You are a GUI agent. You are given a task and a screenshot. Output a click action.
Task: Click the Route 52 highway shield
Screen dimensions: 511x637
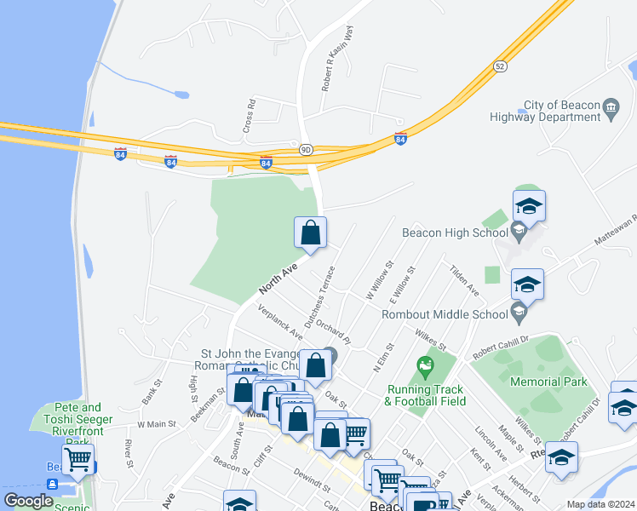500,66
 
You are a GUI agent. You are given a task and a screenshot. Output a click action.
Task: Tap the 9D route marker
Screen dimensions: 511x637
306,150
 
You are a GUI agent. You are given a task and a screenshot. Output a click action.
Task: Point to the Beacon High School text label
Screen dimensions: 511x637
455,233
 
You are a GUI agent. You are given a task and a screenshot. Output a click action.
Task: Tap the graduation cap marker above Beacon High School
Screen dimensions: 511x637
528,207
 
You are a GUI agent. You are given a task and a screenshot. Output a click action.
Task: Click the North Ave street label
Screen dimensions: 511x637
278,279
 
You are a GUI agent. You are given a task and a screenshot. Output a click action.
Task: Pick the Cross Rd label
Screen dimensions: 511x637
250,118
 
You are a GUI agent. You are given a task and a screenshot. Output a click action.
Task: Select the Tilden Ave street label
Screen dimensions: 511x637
466,280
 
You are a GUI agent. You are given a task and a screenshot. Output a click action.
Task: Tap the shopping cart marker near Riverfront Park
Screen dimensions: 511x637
77,460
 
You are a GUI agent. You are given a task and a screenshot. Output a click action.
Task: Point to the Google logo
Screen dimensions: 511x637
28,501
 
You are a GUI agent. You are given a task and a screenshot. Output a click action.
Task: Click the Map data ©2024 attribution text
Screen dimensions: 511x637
600,504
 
